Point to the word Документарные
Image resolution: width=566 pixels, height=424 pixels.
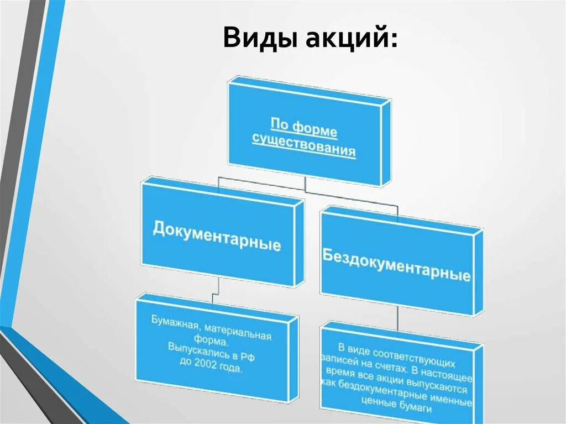pyautogui.click(x=216, y=237)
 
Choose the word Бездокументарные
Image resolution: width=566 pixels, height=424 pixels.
pyautogui.click(x=396, y=264)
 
